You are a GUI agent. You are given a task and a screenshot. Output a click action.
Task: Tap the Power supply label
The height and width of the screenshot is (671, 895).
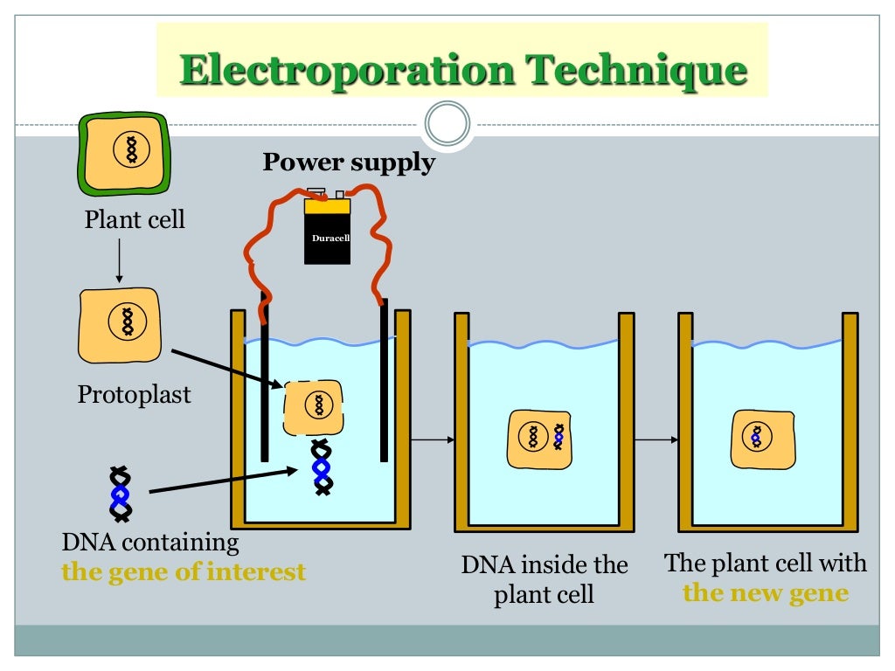point(349,163)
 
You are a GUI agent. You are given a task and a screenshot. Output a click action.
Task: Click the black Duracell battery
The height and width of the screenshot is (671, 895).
point(327,232)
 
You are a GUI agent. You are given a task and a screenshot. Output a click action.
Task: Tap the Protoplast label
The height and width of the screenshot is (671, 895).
point(135,394)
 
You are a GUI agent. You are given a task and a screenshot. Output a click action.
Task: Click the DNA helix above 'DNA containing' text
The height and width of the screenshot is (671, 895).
point(120,494)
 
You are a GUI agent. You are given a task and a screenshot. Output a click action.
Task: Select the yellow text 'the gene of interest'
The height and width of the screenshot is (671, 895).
point(184,572)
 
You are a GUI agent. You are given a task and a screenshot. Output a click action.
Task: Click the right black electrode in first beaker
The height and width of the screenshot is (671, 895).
point(383,380)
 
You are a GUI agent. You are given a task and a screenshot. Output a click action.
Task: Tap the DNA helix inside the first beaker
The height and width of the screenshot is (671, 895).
point(322,468)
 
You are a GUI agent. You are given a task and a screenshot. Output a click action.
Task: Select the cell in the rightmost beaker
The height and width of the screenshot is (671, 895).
point(763,439)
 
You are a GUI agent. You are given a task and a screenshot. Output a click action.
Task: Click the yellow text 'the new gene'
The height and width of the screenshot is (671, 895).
point(765,593)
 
